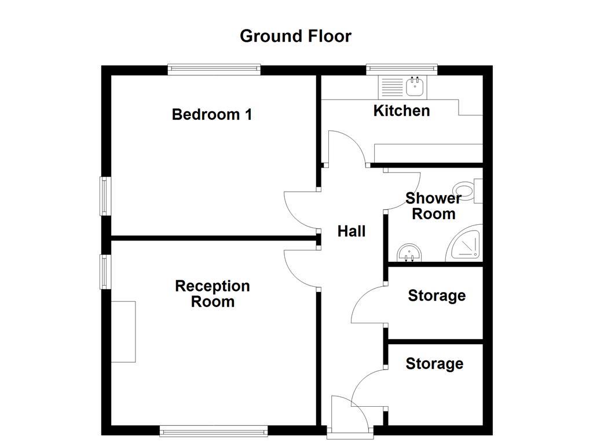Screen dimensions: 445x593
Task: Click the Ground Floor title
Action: pos(295,36)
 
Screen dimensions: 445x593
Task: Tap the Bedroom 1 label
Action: pos(212,114)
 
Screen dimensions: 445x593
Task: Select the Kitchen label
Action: pos(401,111)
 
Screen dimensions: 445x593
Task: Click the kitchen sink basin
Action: pos(415,87)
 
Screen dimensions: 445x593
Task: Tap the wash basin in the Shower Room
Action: pos(411,253)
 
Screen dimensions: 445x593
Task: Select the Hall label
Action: pos(352,231)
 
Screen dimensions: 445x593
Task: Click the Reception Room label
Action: pos(213,294)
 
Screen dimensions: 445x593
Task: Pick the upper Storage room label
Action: pos(437,296)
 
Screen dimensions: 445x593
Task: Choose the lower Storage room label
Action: pos(434,364)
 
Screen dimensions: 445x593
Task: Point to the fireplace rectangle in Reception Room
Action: pos(123,331)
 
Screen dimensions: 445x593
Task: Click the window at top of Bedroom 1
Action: pos(214,70)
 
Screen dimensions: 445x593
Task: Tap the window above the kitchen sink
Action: pos(401,70)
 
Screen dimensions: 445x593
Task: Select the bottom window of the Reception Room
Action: pos(214,431)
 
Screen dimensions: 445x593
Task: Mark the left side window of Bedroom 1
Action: pos(105,196)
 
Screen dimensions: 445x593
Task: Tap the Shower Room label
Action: pos(433,206)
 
